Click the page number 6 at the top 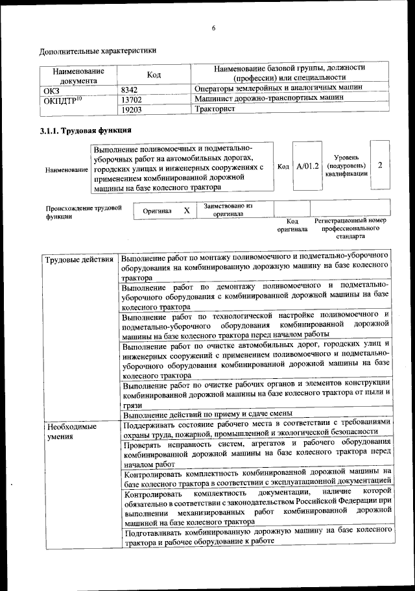click(213, 27)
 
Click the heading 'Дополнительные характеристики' click(97, 51)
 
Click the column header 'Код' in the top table click(154, 75)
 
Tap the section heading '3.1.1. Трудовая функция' click(82, 131)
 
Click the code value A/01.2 click(307, 166)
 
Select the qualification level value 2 click(380, 165)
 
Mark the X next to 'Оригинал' click(187, 211)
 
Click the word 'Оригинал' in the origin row click(157, 211)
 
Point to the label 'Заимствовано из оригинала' click(228, 209)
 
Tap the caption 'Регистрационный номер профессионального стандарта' click(350, 228)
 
